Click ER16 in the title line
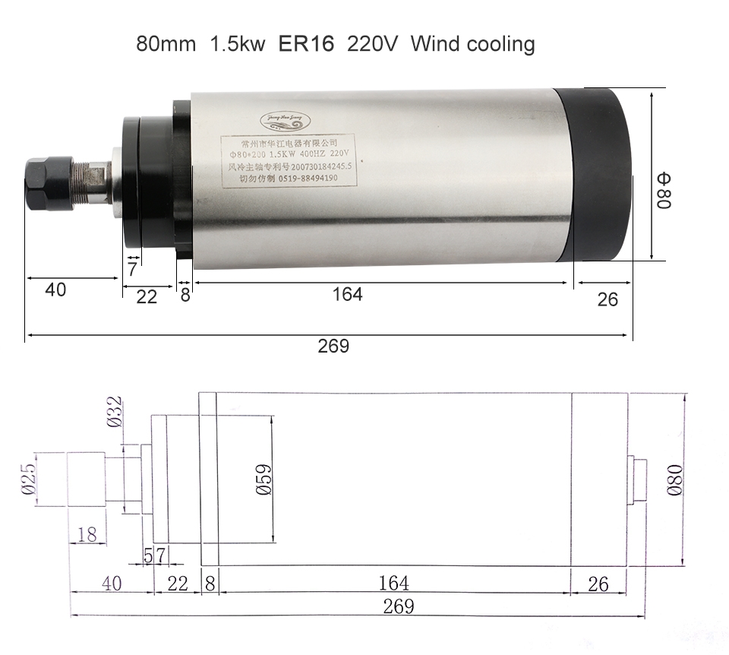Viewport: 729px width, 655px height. coord(306,43)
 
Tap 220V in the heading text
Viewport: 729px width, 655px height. coord(373,43)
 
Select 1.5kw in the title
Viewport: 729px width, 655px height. coord(236,43)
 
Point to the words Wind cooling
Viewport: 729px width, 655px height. coord(472,43)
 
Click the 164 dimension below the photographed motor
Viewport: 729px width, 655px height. coord(347,294)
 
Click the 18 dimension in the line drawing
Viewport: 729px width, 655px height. coord(87,534)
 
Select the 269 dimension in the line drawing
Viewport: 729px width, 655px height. coord(398,606)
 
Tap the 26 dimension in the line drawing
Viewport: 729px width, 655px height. coord(598,584)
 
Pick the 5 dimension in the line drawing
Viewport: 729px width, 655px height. coord(150,555)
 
